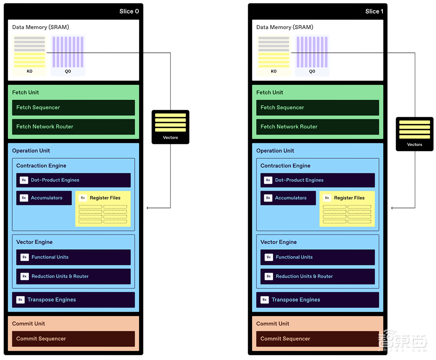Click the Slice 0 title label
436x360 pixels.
[x=129, y=11]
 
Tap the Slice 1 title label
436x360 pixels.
[x=374, y=11]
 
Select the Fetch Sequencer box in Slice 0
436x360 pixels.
[x=73, y=108]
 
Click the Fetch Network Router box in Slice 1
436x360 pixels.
[x=317, y=127]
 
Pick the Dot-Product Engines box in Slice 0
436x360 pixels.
[x=73, y=180]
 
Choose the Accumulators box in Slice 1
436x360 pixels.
[x=288, y=198]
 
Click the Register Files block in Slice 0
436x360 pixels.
[x=103, y=208]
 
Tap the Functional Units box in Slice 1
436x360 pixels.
[x=317, y=257]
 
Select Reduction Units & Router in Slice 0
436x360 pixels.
[x=73, y=276]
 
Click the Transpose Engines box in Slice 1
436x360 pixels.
[x=317, y=300]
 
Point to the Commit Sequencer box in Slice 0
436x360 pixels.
[x=73, y=339]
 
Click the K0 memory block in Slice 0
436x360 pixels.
[x=30, y=56]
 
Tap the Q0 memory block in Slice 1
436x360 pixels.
[x=312, y=56]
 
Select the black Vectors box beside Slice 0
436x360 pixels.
[x=170, y=127]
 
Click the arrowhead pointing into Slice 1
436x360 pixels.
[x=393, y=208]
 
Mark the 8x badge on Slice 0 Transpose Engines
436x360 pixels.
[x=20, y=300]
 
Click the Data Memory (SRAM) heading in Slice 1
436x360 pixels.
[x=285, y=27]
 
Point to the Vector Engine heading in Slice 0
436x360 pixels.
[x=34, y=242]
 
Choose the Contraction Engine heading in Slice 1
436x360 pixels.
[x=286, y=166]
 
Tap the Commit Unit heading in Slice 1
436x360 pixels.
[x=272, y=323]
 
